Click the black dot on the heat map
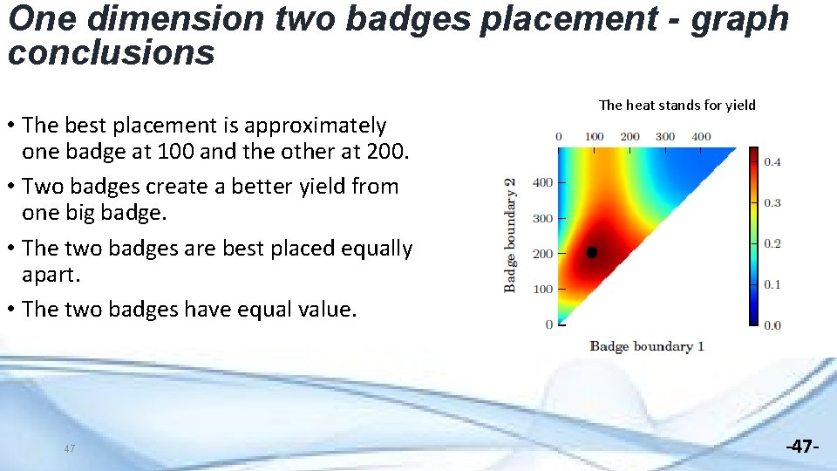click(x=592, y=252)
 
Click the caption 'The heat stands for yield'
click(x=677, y=106)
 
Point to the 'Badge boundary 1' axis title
click(x=646, y=346)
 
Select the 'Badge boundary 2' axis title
click(x=511, y=235)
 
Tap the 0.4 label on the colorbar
click(x=772, y=161)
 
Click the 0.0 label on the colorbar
click(x=772, y=325)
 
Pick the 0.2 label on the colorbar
click(x=772, y=243)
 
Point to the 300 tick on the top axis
click(x=664, y=136)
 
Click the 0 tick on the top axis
click(x=559, y=136)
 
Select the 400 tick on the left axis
click(x=542, y=182)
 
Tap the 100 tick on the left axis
click(x=542, y=289)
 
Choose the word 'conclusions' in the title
click(x=111, y=53)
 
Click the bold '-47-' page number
click(x=802, y=447)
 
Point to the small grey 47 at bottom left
click(x=69, y=448)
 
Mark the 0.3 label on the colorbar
click(x=772, y=202)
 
